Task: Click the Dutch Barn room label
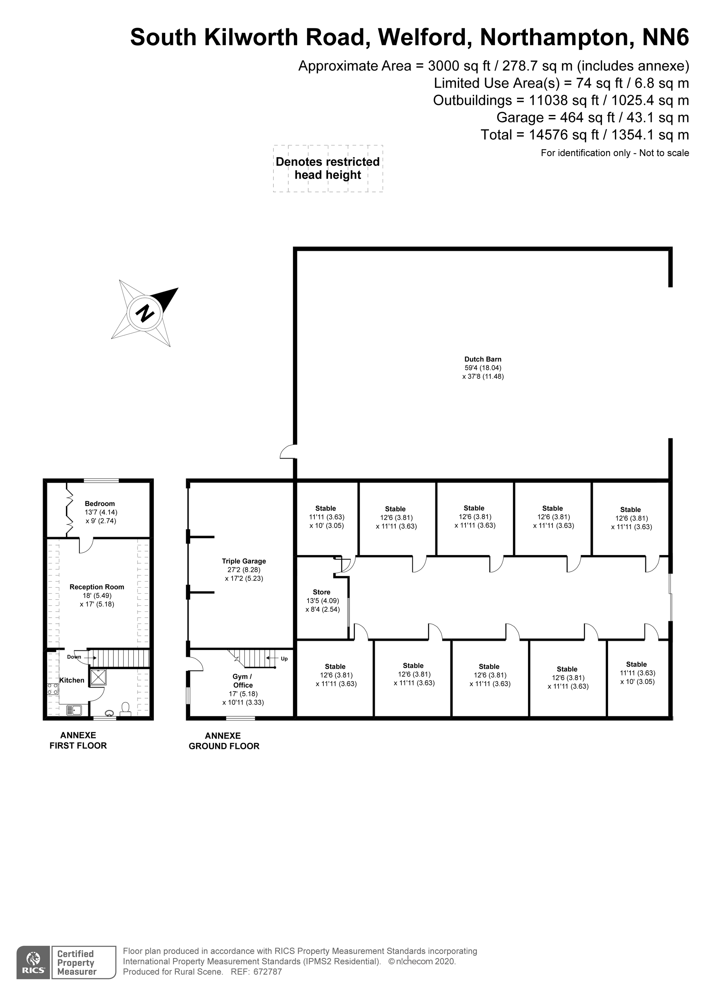(483, 359)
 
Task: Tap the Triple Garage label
(244, 561)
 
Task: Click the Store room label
(322, 592)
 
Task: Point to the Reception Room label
(97, 587)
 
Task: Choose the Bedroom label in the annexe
(100, 504)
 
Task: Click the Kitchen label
(72, 680)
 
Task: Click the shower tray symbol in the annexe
(98, 677)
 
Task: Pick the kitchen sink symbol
(74, 711)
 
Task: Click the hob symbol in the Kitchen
(53, 689)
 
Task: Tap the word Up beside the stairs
(284, 659)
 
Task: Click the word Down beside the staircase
(74, 657)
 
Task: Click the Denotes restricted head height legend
(328, 168)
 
